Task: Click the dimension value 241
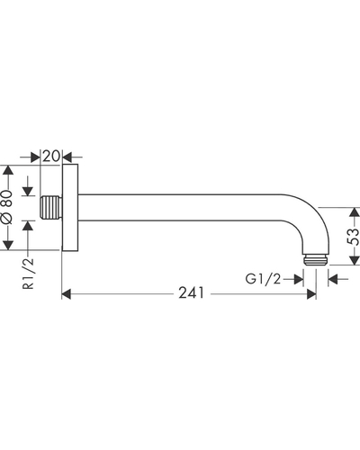point(192,292)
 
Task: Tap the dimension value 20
point(51,156)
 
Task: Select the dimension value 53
point(353,237)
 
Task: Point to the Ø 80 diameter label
point(7,207)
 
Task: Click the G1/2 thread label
point(263,279)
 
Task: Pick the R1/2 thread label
point(29,274)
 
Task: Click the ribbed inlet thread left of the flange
point(51,207)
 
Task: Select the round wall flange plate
point(70,207)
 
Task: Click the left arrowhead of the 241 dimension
point(67,294)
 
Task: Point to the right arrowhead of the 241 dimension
point(311,294)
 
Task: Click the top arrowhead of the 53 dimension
point(355,212)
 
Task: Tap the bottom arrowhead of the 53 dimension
point(355,260)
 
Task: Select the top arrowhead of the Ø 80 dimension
point(7,170)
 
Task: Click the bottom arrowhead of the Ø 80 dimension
point(7,245)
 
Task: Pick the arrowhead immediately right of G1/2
point(299,279)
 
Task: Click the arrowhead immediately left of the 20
point(35,157)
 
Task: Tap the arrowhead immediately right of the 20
point(67,157)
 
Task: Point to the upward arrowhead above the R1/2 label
point(28,225)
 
